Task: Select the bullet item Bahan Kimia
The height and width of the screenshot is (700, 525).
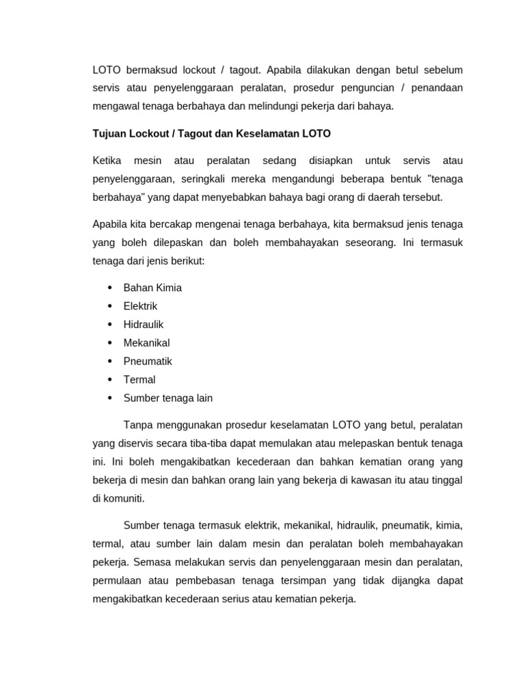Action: coord(152,288)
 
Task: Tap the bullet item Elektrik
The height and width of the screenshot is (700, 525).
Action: coord(140,306)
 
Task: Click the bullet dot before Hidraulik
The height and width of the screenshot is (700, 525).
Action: coord(110,325)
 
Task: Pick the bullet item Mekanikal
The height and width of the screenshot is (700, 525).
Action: coord(146,343)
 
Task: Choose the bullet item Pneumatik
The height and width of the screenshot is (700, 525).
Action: coord(148,362)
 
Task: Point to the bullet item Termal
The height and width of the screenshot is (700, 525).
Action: coord(139,380)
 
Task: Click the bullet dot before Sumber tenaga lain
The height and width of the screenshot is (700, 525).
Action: coord(110,399)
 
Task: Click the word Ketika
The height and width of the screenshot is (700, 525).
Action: coord(107,161)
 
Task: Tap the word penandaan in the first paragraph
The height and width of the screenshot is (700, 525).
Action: coord(437,88)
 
